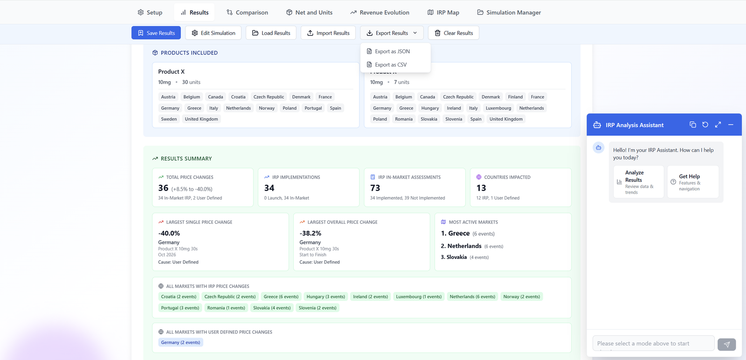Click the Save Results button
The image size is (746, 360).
click(x=156, y=33)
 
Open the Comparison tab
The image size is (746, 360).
click(x=247, y=13)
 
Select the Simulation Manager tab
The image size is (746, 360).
click(x=509, y=13)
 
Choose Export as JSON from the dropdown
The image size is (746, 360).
click(x=392, y=51)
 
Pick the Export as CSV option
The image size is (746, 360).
click(x=390, y=65)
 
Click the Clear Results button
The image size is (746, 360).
click(x=453, y=33)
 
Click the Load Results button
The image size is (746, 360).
click(x=271, y=33)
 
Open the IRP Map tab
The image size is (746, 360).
click(x=443, y=13)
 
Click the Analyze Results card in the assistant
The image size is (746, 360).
click(x=638, y=182)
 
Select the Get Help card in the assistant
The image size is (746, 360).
click(x=692, y=182)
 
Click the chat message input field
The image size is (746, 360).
click(x=653, y=343)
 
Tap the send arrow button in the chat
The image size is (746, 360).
click(x=726, y=344)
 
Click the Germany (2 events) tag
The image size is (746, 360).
click(x=180, y=342)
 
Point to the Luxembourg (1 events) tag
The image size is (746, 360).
click(x=419, y=297)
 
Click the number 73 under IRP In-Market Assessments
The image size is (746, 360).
click(x=375, y=188)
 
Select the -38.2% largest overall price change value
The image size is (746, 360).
click(x=310, y=233)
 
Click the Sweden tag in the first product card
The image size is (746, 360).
click(x=169, y=119)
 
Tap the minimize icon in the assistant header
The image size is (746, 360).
click(x=731, y=125)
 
